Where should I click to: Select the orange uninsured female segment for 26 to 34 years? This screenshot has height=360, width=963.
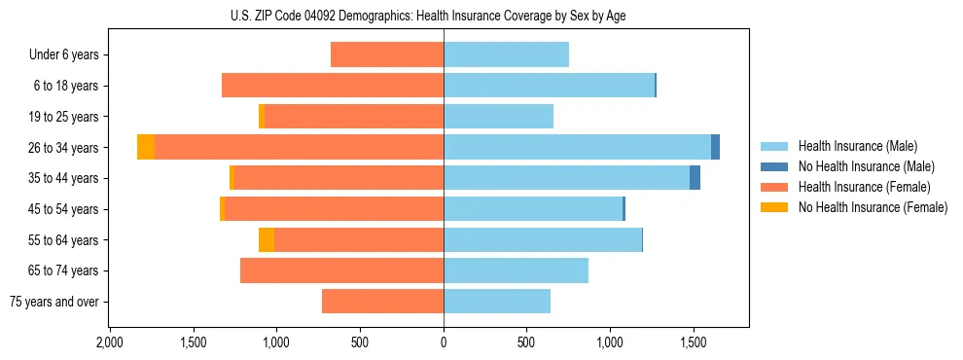[x=146, y=147]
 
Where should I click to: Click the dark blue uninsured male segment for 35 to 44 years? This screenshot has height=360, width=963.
[x=695, y=178]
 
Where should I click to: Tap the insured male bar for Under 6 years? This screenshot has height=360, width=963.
[x=506, y=54]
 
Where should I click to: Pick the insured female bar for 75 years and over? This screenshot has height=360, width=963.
[x=382, y=302]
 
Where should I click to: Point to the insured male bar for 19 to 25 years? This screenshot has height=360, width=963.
[x=498, y=117]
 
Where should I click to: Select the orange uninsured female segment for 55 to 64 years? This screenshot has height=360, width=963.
[x=267, y=240]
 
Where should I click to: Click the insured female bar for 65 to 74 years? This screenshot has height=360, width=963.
[x=341, y=270]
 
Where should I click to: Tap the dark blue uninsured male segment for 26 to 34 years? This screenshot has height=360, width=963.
[x=715, y=147]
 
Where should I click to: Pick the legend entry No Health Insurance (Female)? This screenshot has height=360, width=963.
[x=873, y=207]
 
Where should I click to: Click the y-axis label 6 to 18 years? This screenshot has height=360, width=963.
[x=66, y=86]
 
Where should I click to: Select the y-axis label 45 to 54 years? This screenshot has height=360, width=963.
[x=63, y=209]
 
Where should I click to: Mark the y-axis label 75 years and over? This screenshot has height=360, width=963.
[x=53, y=302]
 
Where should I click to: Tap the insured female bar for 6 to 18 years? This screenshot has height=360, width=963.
[x=333, y=86]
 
